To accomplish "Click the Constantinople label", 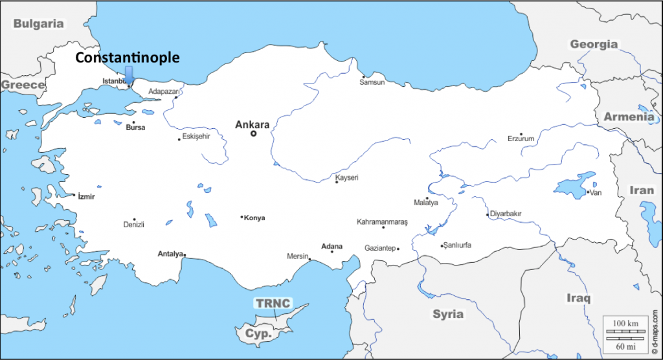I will pyautogui.click(x=128, y=58).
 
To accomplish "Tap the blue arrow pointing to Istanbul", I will pyautogui.click(x=129, y=76).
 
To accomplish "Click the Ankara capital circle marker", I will pyautogui.click(x=254, y=134).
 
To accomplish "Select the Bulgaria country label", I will pyautogui.click(x=39, y=24).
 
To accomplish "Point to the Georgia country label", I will pyautogui.click(x=593, y=44).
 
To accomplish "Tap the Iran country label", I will pyautogui.click(x=642, y=190).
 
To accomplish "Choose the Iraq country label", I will pyautogui.click(x=578, y=298).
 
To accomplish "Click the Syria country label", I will pyautogui.click(x=448, y=314).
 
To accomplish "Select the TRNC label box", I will pyautogui.click(x=273, y=303).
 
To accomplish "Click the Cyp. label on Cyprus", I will pyautogui.click(x=257, y=333).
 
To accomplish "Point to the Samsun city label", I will pyautogui.click(x=372, y=83).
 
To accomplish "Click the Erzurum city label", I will pyautogui.click(x=521, y=139).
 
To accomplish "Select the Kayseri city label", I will pyautogui.click(x=346, y=177).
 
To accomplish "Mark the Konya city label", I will pyautogui.click(x=254, y=218).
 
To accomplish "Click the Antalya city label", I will pyautogui.click(x=171, y=254).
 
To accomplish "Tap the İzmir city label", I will pyautogui.click(x=86, y=196).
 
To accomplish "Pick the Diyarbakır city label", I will pyautogui.click(x=506, y=214).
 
